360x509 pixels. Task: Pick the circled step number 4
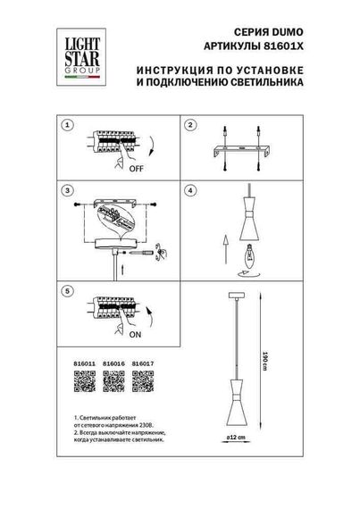point(190,191)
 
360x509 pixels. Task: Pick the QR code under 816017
point(142,380)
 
